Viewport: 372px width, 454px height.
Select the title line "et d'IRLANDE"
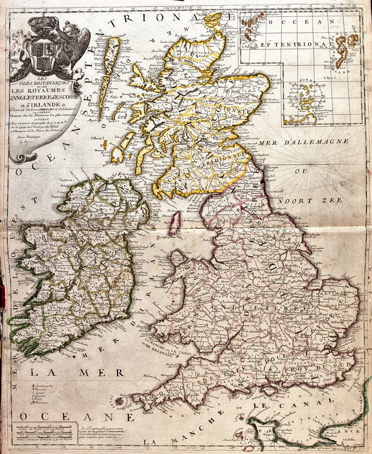[30, 104]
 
